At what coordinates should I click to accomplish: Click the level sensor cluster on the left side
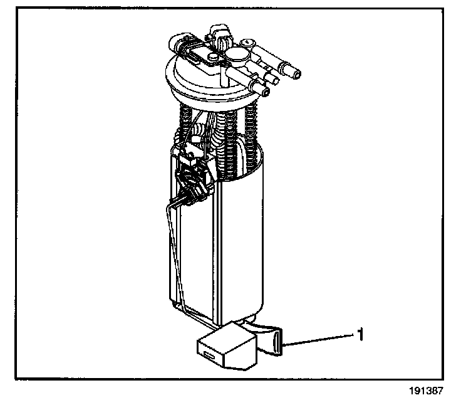[x=190, y=179]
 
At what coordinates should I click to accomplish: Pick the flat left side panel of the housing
[x=194, y=257]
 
